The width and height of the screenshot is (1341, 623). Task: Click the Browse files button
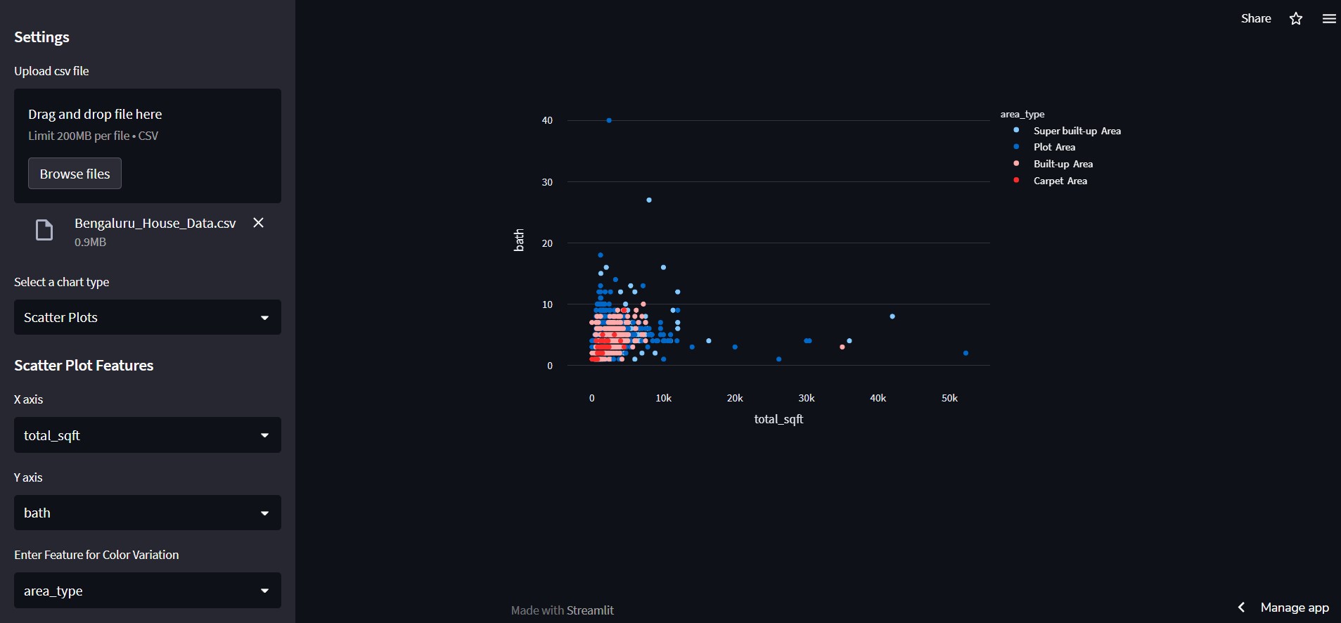point(75,174)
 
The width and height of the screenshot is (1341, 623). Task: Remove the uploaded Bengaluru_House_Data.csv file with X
point(258,223)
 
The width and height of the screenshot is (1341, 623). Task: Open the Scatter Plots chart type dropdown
point(147,317)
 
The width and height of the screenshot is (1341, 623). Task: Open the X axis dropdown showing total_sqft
point(147,435)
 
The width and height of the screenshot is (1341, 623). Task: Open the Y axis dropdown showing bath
point(147,513)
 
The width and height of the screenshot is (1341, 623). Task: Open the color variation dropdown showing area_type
point(147,591)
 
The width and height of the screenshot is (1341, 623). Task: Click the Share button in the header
point(1255,18)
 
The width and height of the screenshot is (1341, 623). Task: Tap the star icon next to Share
point(1296,19)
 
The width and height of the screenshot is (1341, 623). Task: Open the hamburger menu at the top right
point(1328,19)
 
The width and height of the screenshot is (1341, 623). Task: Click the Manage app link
point(1294,608)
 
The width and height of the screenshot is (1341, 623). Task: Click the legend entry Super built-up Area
point(1077,131)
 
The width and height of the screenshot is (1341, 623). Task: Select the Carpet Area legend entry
point(1060,181)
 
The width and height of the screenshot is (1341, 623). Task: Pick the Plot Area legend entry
point(1054,147)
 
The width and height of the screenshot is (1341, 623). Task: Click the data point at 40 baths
point(609,120)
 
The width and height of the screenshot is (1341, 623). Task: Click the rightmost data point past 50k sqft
point(965,353)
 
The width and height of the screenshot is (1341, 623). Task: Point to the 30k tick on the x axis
point(807,398)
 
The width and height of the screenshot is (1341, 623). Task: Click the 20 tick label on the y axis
point(547,243)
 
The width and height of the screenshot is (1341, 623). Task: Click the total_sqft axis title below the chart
point(778,419)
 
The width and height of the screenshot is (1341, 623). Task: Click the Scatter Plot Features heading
point(84,366)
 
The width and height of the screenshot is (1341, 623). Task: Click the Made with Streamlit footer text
point(562,610)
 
